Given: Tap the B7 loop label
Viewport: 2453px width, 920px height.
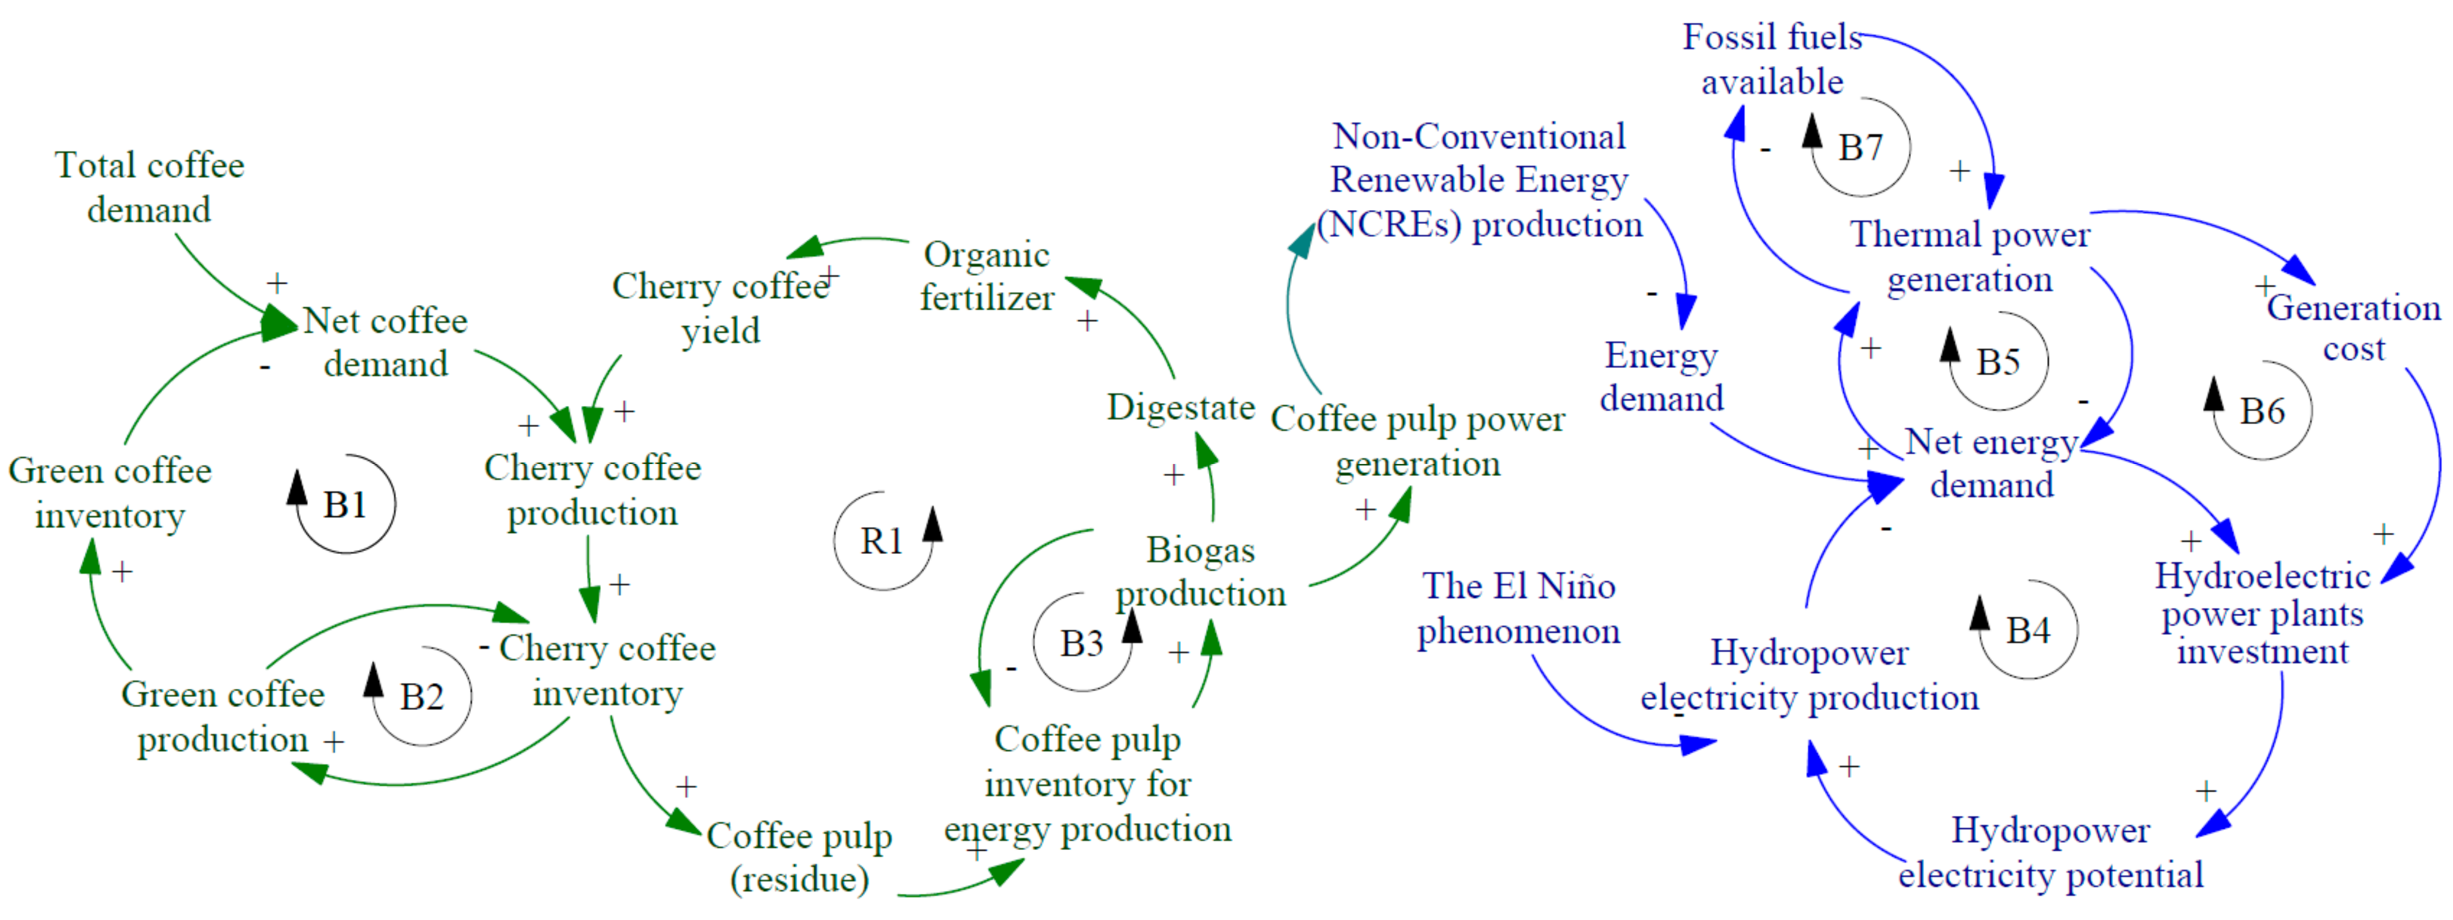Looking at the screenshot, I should [x=1860, y=147].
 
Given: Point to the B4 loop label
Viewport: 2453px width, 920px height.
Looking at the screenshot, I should [x=2027, y=630].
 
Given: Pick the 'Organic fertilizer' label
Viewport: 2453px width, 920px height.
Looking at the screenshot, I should [x=987, y=276].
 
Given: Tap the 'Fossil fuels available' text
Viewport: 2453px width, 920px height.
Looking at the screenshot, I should [x=1771, y=59].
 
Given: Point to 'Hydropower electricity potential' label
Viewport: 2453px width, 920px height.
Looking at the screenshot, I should [x=2050, y=852].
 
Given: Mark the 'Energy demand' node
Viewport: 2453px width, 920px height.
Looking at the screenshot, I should [x=1662, y=376].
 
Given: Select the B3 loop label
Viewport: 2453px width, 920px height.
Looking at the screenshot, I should [x=1082, y=644].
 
